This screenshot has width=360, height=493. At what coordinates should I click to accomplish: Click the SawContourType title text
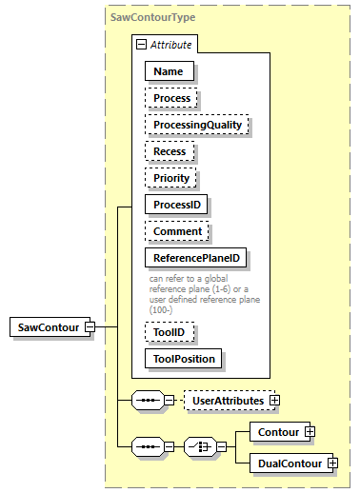click(152, 18)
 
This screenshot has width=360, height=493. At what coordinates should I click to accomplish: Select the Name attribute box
click(170, 70)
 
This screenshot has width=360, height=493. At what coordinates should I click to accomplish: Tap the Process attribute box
click(172, 97)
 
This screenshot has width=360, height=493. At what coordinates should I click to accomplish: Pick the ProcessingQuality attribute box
click(196, 124)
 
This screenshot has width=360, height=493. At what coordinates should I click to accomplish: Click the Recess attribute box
click(170, 150)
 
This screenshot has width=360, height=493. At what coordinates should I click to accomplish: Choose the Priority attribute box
click(171, 177)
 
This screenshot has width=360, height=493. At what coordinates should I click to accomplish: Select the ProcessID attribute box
click(176, 204)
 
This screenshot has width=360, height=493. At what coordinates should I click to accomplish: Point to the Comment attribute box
click(177, 230)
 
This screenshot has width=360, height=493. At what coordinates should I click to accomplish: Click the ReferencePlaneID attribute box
click(196, 257)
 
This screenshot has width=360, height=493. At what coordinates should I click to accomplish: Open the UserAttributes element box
click(227, 402)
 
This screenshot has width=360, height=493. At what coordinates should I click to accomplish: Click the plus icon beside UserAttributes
click(275, 402)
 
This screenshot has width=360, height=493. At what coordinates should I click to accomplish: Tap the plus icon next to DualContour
click(331, 463)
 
